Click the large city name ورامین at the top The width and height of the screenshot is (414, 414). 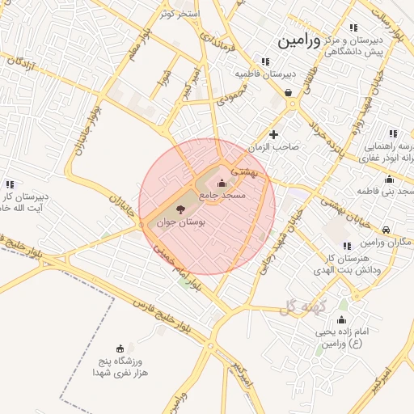pos(305,40)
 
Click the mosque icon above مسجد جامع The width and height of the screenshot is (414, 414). pos(222,182)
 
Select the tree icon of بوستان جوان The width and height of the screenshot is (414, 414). pos(180,209)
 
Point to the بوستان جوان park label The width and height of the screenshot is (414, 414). pos(180,222)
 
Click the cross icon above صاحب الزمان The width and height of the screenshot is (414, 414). pos(274,134)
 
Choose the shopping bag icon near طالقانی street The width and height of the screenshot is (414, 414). pos(289,92)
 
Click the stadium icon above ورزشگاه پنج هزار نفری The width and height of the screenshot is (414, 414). pos(120,348)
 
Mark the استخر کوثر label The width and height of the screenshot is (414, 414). pos(180,14)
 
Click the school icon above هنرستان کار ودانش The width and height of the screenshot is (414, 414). pos(347,246)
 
